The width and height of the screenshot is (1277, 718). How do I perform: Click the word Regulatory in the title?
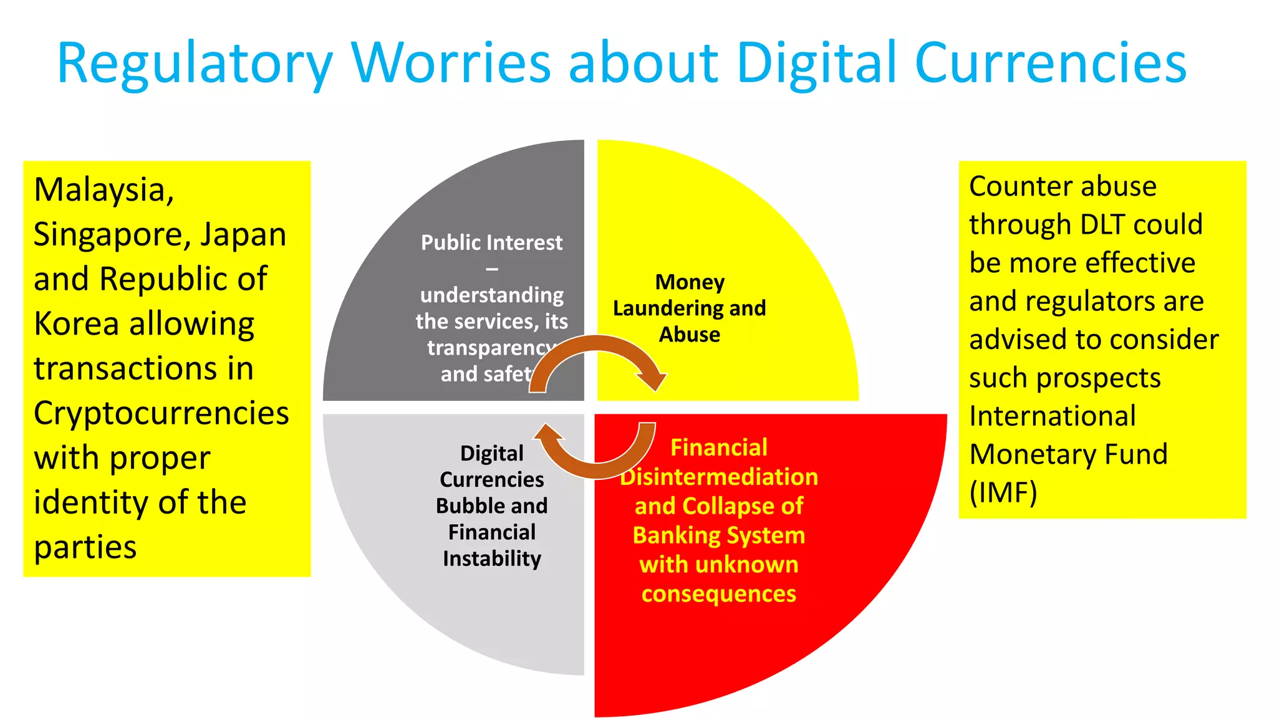(x=195, y=64)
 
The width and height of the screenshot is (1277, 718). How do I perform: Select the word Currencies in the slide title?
(x=1050, y=62)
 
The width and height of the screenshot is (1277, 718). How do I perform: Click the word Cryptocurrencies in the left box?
(x=161, y=413)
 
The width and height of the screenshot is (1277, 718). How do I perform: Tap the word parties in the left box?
(x=85, y=547)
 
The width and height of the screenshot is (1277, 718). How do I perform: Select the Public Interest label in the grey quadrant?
(x=491, y=242)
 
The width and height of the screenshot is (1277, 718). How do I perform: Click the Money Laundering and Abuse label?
(x=689, y=308)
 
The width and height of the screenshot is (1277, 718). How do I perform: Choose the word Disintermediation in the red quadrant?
(x=719, y=477)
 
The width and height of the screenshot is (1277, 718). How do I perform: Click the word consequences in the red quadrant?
(x=718, y=594)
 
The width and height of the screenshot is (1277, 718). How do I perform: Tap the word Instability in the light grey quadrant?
(x=491, y=558)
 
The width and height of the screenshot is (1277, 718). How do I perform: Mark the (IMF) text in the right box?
(x=1003, y=492)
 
